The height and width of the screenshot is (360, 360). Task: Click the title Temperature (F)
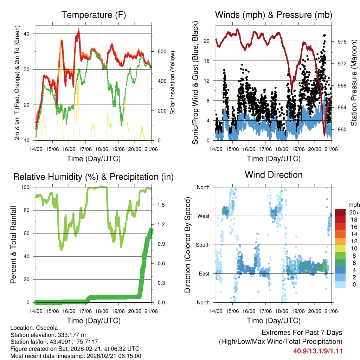94,15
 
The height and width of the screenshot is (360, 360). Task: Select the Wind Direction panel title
274,175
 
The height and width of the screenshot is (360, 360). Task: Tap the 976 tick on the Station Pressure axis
342,41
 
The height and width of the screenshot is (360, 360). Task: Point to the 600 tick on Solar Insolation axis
162,51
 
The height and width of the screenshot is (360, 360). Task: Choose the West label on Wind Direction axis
203,216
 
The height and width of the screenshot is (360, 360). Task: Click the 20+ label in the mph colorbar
353,212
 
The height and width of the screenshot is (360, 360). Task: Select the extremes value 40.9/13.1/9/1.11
318,351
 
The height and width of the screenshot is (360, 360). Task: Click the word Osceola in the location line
45,328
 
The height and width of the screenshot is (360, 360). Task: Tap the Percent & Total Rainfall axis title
13,245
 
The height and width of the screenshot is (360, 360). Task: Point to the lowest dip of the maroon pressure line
324,135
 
